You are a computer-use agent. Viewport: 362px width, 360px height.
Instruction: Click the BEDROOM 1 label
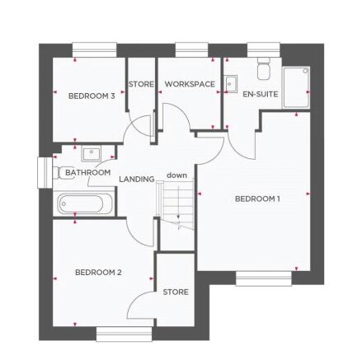tap(258, 199)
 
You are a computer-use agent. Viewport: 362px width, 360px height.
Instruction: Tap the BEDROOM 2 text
tap(98, 271)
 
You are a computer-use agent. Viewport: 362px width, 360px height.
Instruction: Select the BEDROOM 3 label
tap(92, 96)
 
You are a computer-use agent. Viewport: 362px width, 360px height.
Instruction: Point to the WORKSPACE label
tap(190, 84)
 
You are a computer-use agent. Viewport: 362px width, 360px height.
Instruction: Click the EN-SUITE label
tap(261, 94)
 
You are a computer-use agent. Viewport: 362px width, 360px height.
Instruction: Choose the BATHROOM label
tap(88, 173)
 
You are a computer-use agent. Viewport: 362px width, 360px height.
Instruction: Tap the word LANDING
tap(137, 179)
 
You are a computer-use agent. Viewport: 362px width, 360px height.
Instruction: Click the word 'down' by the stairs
tap(176, 175)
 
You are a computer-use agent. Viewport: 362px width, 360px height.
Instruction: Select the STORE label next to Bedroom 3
tap(141, 84)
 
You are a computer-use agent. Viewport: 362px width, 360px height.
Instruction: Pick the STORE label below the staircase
tap(176, 292)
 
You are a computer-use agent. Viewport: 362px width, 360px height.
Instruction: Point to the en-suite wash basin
tap(231, 83)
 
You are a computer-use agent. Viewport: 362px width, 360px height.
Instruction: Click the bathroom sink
tap(91, 153)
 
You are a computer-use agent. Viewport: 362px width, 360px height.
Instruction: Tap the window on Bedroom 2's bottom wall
tap(125, 334)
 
